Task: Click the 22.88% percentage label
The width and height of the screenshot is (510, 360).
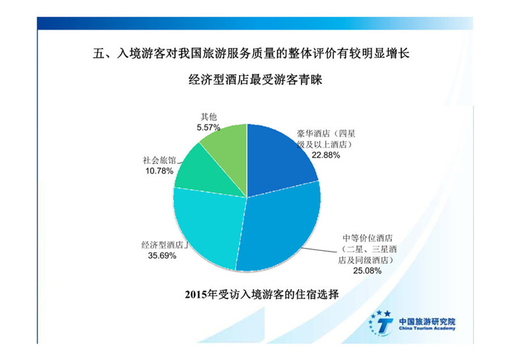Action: coord(326,155)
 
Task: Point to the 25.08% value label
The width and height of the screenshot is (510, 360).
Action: coord(367,271)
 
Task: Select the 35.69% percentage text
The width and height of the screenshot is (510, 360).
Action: coord(162,256)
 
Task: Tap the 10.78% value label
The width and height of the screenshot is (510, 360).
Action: coord(159,171)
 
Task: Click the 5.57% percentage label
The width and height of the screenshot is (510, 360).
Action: coord(208,127)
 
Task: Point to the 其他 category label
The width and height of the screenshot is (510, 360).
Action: coord(209,117)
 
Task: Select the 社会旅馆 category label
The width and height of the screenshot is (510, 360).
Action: coord(159,160)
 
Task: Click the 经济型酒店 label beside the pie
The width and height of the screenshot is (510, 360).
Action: coord(163,245)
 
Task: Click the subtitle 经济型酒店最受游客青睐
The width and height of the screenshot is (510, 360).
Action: coord(256,80)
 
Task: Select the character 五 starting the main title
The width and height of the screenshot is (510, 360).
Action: coord(99,54)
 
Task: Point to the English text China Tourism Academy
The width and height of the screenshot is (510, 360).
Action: coord(427,328)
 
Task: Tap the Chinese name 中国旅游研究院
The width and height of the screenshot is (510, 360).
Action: coord(427,321)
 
